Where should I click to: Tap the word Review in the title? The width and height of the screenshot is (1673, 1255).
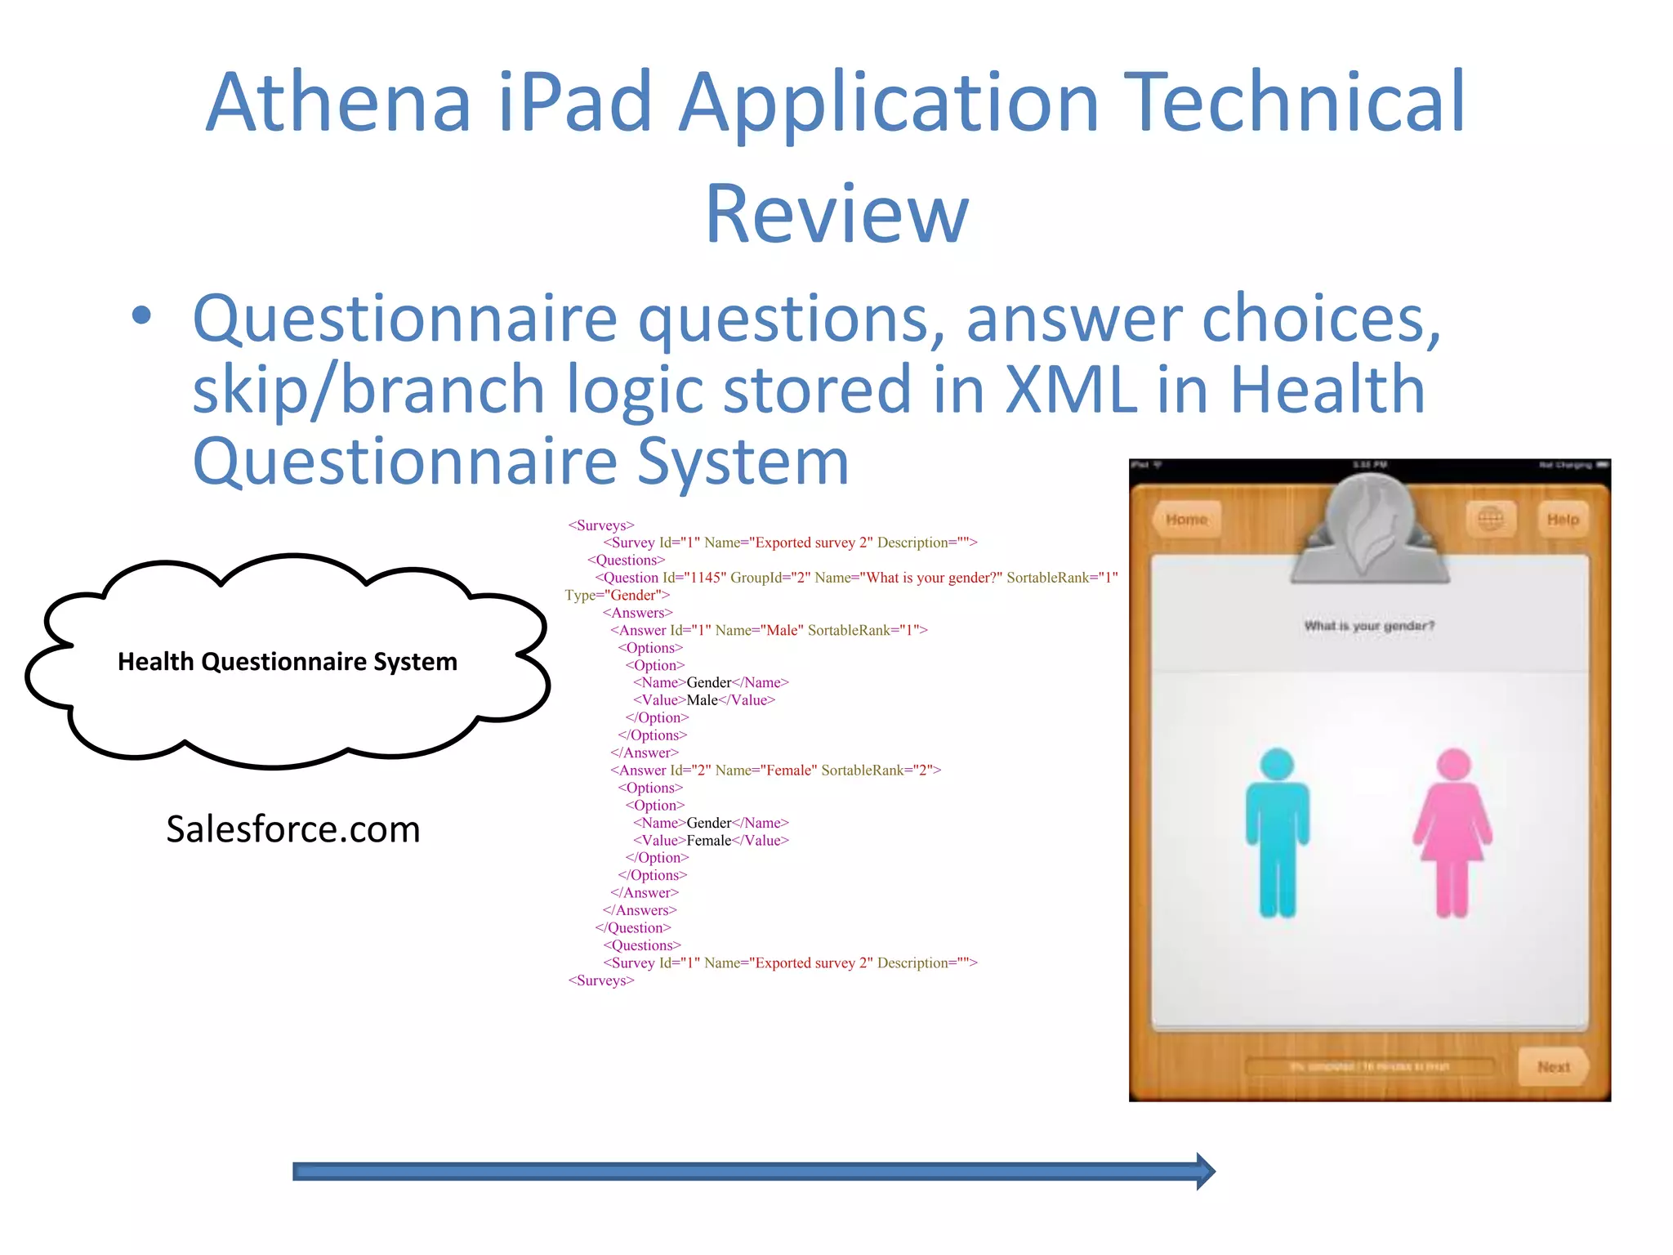point(836,214)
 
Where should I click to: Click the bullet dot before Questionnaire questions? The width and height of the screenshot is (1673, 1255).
point(141,315)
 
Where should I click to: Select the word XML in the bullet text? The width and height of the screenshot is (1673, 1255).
point(1070,390)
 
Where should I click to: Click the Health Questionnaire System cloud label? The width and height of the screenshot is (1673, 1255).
point(288,661)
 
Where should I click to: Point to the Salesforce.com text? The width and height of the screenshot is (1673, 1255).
point(293,829)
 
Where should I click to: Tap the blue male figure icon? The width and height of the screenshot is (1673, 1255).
point(1277,832)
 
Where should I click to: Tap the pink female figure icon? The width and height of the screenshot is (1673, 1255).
point(1452,832)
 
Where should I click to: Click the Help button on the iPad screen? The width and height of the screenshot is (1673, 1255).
point(1563,520)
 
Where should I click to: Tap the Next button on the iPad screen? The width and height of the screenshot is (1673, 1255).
point(1553,1066)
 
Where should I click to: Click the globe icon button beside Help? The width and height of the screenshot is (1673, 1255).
point(1491,519)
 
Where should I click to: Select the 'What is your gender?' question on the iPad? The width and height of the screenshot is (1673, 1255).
point(1369,626)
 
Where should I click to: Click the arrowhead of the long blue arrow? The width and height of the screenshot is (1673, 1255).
point(1205,1171)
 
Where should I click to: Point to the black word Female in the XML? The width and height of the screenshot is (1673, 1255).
point(708,840)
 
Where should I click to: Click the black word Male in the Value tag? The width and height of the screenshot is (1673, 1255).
point(702,700)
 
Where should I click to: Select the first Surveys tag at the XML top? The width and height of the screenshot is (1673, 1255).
point(601,525)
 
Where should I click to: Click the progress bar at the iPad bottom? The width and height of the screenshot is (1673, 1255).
point(1369,1066)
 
